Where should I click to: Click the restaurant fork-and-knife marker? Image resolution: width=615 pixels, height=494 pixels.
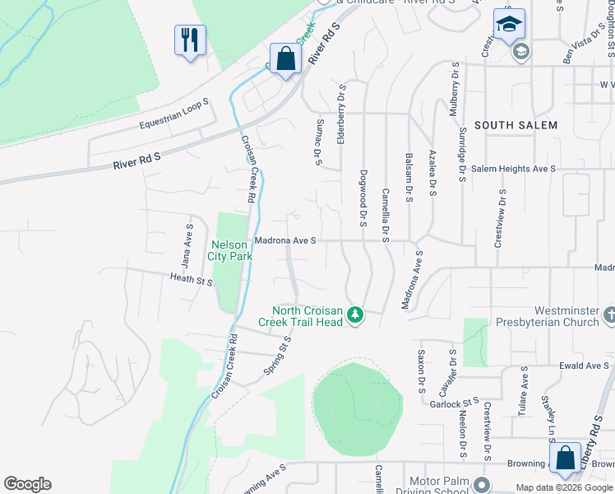[x=190, y=40]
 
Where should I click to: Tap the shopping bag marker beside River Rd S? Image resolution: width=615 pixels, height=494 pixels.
[x=285, y=59]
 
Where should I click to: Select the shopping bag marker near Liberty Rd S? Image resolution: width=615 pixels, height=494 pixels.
[x=566, y=459]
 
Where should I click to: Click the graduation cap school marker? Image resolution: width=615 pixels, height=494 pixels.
[x=509, y=25]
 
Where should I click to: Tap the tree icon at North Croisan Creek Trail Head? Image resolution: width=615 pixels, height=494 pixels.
[x=355, y=315]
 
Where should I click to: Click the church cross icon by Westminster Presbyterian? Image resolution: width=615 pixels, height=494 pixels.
[x=608, y=315]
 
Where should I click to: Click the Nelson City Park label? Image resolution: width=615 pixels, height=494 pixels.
[x=232, y=250]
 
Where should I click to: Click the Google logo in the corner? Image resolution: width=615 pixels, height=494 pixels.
[x=27, y=484]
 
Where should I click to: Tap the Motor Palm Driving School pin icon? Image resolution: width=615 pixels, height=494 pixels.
[x=481, y=485]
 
